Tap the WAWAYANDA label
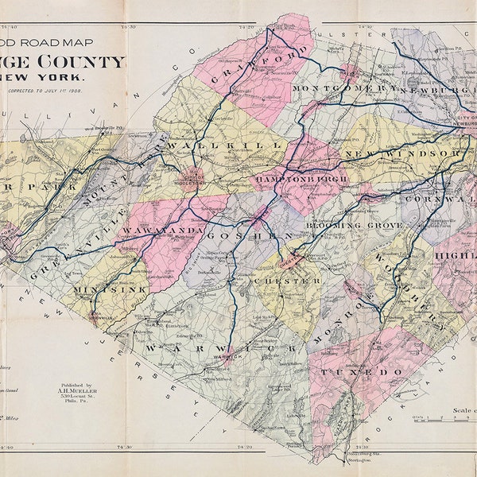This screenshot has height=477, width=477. (x=162, y=231)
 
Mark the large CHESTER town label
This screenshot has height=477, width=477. (x=276, y=281)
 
